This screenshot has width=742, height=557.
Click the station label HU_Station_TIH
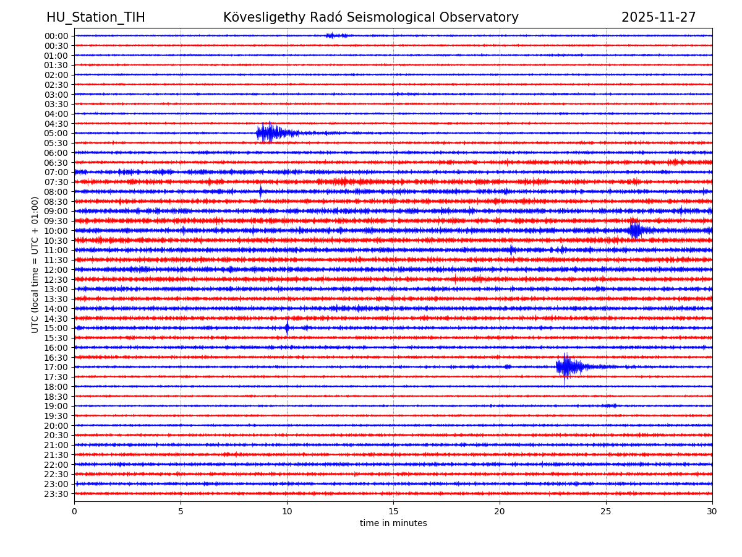point(96,17)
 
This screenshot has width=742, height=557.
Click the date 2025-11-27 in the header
point(659,17)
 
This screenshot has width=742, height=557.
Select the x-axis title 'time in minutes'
point(393,524)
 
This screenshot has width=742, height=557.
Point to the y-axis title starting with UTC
point(35,265)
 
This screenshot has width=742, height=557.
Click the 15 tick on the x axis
point(393,511)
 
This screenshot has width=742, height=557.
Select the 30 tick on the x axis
point(712,511)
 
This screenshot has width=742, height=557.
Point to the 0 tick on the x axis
point(74,511)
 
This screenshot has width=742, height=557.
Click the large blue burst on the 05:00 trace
point(270,132)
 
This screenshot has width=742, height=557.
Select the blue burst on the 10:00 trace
point(635,230)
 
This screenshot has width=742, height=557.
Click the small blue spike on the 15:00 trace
point(287,328)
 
